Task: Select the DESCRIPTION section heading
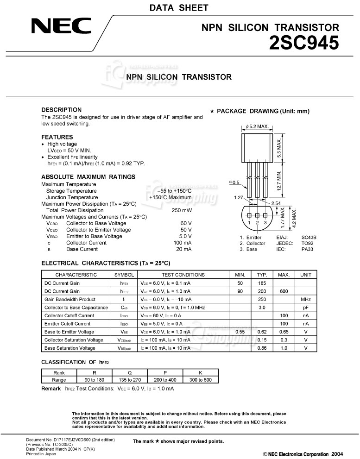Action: pyautogui.click(x=61, y=110)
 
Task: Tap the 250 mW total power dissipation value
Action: pyautogui.click(x=182, y=210)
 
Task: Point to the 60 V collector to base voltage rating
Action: pyautogui.click(x=186, y=223)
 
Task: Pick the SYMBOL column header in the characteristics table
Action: pyautogui.click(x=124, y=275)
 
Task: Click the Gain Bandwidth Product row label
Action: pyautogui.click(x=70, y=299)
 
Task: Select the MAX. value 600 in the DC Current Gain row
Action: pyautogui.click(x=284, y=291)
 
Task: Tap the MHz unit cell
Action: pyautogui.click(x=306, y=299)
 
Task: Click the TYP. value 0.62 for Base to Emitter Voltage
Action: pyautogui.click(x=262, y=332)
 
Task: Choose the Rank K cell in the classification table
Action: pyautogui.click(x=201, y=372)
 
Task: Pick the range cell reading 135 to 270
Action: pyautogui.click(x=130, y=380)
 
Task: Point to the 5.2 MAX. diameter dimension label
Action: pyautogui.click(x=257, y=126)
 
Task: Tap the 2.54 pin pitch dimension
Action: pyautogui.click(x=276, y=203)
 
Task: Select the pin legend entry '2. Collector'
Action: pyautogui.click(x=253, y=243)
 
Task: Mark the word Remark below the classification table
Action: pyautogui.click(x=51, y=388)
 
